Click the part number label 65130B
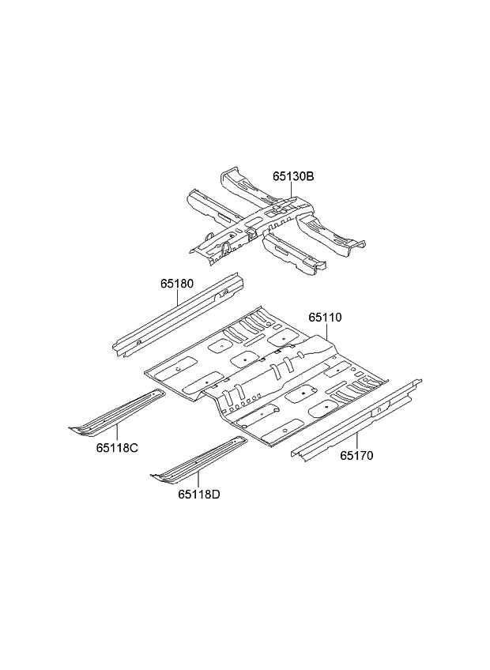[293, 176]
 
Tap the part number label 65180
[177, 284]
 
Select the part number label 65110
[326, 318]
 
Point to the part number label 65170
[356, 456]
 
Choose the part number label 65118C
[117, 447]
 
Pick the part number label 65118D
[199, 495]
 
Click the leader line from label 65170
[356, 441]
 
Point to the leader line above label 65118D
[199, 480]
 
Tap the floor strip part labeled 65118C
[118, 412]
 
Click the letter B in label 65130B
[310, 176]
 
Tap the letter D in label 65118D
[216, 495]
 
